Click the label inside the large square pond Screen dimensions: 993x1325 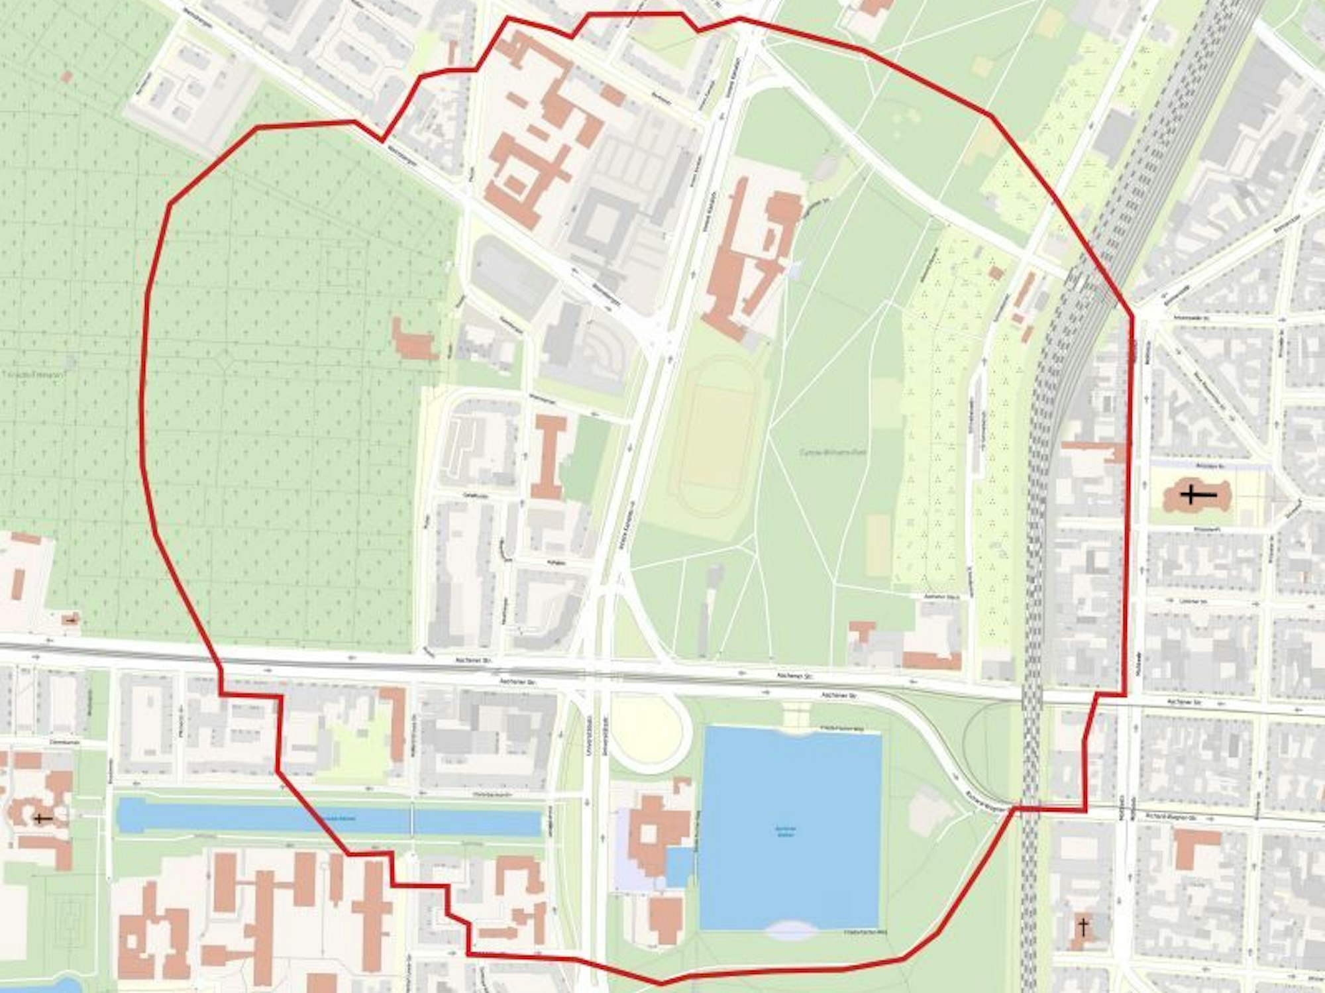tap(785, 831)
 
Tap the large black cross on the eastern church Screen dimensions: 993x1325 tap(1198, 495)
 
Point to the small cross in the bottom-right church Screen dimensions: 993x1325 tap(1084, 927)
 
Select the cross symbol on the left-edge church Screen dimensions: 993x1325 tap(43, 819)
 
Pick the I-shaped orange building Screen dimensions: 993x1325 tap(549, 457)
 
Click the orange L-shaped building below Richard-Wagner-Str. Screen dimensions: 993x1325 tap(1192, 845)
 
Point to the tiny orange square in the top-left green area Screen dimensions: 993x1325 tap(66, 78)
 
